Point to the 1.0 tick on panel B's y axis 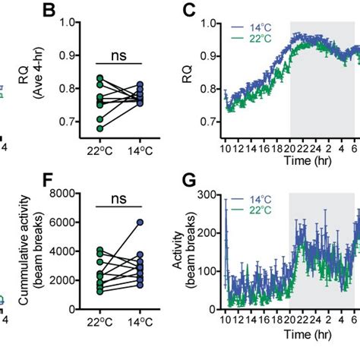(x=76, y=23)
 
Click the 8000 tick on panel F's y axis (x=71, y=194)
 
